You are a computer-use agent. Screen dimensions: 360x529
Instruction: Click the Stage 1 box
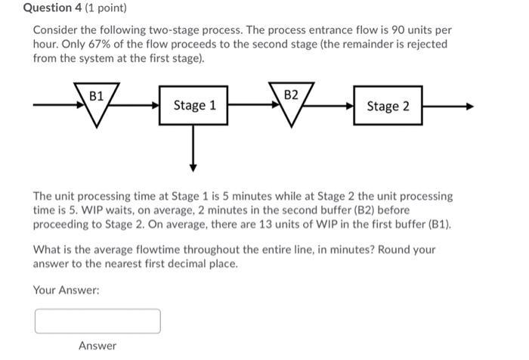coord(194,105)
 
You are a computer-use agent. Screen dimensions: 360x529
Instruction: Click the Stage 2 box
coord(388,106)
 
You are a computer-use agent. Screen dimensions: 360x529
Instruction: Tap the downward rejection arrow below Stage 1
coord(194,151)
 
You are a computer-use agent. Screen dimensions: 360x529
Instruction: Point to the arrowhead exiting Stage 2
coord(469,107)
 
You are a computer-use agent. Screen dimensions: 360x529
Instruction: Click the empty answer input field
coord(97,321)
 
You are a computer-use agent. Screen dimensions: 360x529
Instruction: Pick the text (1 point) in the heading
coord(107,8)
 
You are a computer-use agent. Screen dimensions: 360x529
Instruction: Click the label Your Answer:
coord(67,290)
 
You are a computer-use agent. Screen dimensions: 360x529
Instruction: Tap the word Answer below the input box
coord(97,346)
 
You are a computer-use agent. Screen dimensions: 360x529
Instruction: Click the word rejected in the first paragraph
coord(424,44)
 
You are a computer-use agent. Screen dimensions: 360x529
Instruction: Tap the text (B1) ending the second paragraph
coord(440,224)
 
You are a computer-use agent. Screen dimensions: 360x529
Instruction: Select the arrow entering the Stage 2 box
coord(340,107)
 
